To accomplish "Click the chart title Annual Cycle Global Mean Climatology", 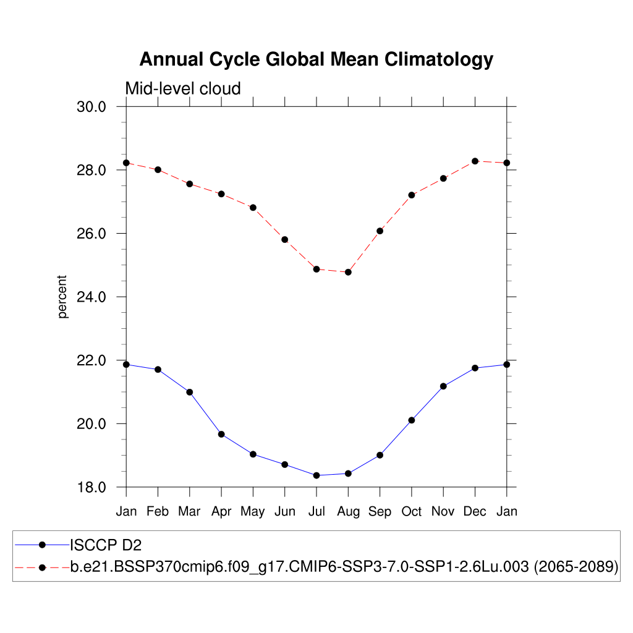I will pyautogui.click(x=316, y=59).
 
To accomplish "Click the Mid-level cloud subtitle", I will pyautogui.click(x=182, y=89).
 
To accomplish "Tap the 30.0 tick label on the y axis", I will pyautogui.click(x=91, y=106).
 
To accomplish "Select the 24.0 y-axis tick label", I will pyautogui.click(x=91, y=297).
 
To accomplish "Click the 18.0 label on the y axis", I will pyautogui.click(x=91, y=487).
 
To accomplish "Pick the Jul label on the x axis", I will pyautogui.click(x=316, y=511).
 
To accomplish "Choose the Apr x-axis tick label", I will pyautogui.click(x=221, y=511).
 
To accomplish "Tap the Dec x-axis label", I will pyautogui.click(x=475, y=511).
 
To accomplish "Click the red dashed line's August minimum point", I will pyautogui.click(x=348, y=272).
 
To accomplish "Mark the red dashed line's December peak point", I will pyautogui.click(x=475, y=161).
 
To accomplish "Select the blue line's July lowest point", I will pyautogui.click(x=316, y=475).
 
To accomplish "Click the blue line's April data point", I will pyautogui.click(x=221, y=434).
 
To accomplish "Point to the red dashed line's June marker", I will pyautogui.click(x=285, y=239).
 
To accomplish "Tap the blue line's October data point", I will pyautogui.click(x=412, y=420).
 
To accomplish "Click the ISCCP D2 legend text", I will pyautogui.click(x=106, y=545).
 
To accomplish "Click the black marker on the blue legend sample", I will pyautogui.click(x=42, y=545).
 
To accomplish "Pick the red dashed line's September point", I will pyautogui.click(x=380, y=231).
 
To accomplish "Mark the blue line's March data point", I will pyautogui.click(x=190, y=392).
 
